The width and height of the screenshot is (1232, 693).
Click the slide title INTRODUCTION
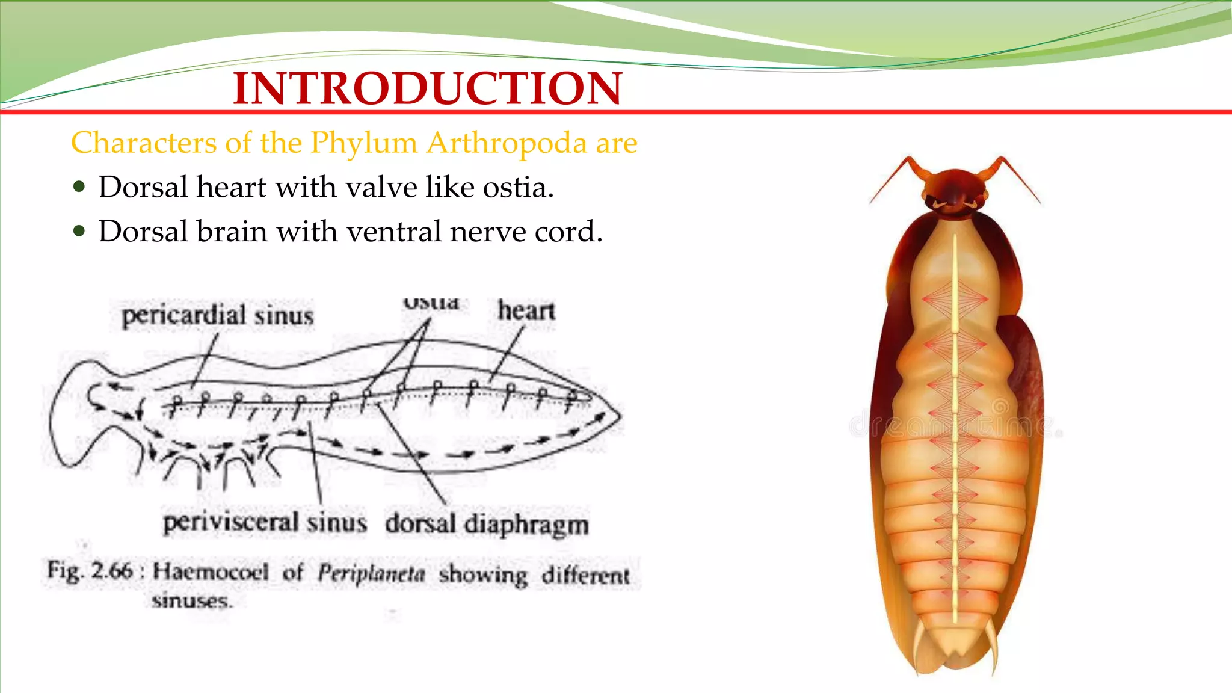[427, 88]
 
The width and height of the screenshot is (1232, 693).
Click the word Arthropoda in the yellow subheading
[507, 143]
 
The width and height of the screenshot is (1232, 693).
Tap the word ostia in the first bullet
[518, 187]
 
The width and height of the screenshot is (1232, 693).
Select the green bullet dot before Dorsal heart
[79, 186]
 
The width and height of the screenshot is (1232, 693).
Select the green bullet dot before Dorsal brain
[79, 231]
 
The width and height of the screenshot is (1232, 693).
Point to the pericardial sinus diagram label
[218, 316]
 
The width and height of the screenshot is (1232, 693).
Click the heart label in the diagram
[526, 311]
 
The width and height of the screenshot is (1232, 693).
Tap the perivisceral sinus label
[265, 522]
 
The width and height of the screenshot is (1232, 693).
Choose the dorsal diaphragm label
[487, 523]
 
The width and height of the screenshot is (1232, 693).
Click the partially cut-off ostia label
[431, 303]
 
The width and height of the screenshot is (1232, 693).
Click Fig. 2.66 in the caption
[90, 570]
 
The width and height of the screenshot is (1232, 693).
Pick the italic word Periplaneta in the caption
[371, 573]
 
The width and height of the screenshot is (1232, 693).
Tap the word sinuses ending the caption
[191, 600]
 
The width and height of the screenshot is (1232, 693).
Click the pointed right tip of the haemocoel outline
[620, 414]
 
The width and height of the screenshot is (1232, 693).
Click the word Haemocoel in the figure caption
[211, 571]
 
